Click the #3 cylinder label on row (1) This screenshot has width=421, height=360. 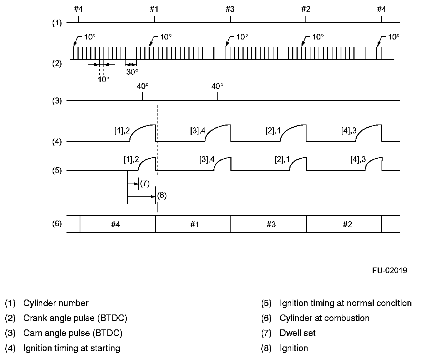pyautogui.click(x=230, y=9)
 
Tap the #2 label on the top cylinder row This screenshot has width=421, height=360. pyautogui.click(x=305, y=9)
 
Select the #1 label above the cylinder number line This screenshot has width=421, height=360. pyautogui.click(x=154, y=9)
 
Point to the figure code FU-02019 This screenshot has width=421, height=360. pyautogui.click(x=390, y=270)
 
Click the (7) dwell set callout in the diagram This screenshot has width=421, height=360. pyautogui.click(x=144, y=184)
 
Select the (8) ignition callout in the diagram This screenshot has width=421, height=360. pyautogui.click(x=161, y=195)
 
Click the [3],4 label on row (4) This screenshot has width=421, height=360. pyautogui.click(x=198, y=131)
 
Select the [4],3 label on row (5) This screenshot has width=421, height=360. pyautogui.click(x=358, y=160)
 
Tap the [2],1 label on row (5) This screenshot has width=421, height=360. pyautogui.click(x=282, y=160)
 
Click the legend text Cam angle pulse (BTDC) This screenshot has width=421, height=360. pyautogui.click(x=73, y=333)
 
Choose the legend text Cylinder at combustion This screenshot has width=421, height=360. pyautogui.click(x=324, y=318)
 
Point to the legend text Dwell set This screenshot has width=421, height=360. pyautogui.click(x=298, y=333)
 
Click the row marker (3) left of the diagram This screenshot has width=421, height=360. pyautogui.click(x=57, y=101)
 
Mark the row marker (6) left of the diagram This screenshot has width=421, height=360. pyautogui.click(x=57, y=224)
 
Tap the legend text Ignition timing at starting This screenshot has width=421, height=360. pyautogui.click(x=71, y=348)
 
